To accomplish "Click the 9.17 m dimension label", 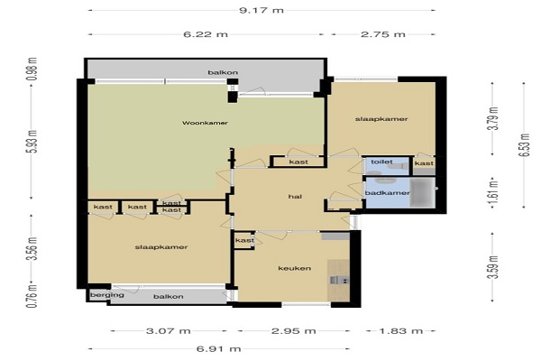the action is [x=261, y=10].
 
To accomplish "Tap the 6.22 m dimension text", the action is [x=206, y=34].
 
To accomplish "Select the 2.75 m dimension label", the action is [x=383, y=34].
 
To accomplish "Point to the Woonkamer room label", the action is [x=205, y=123].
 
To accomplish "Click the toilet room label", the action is [x=381, y=162].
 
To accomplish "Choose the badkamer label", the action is [x=388, y=193].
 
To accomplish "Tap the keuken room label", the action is [x=294, y=268].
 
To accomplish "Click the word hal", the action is [x=295, y=197].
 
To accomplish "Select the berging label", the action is [x=107, y=295].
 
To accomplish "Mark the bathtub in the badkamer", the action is [x=422, y=192].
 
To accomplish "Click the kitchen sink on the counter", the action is [x=339, y=280].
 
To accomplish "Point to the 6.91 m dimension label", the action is [x=219, y=349].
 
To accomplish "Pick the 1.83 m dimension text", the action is [x=401, y=331].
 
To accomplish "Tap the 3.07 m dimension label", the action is [x=169, y=331].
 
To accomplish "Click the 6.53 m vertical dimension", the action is [x=524, y=144].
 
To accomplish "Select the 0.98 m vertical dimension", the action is [x=32, y=69].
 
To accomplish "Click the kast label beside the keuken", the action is [x=244, y=240].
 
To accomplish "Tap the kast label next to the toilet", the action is [x=424, y=163].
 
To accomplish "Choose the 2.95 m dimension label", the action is [x=294, y=331].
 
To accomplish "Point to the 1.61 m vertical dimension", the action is [x=494, y=194].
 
